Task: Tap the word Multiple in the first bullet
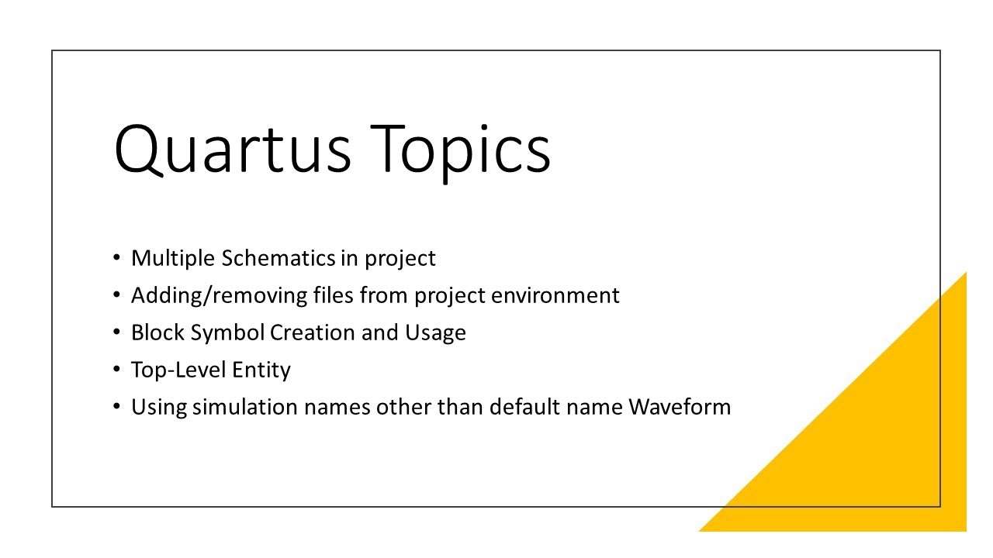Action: [173, 258]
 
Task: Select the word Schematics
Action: [279, 258]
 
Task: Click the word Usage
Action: [435, 332]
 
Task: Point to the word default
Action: [524, 407]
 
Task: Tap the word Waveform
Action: [680, 407]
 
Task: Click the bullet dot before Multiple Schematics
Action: [116, 257]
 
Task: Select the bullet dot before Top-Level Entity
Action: [116, 369]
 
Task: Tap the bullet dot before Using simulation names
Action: [116, 406]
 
